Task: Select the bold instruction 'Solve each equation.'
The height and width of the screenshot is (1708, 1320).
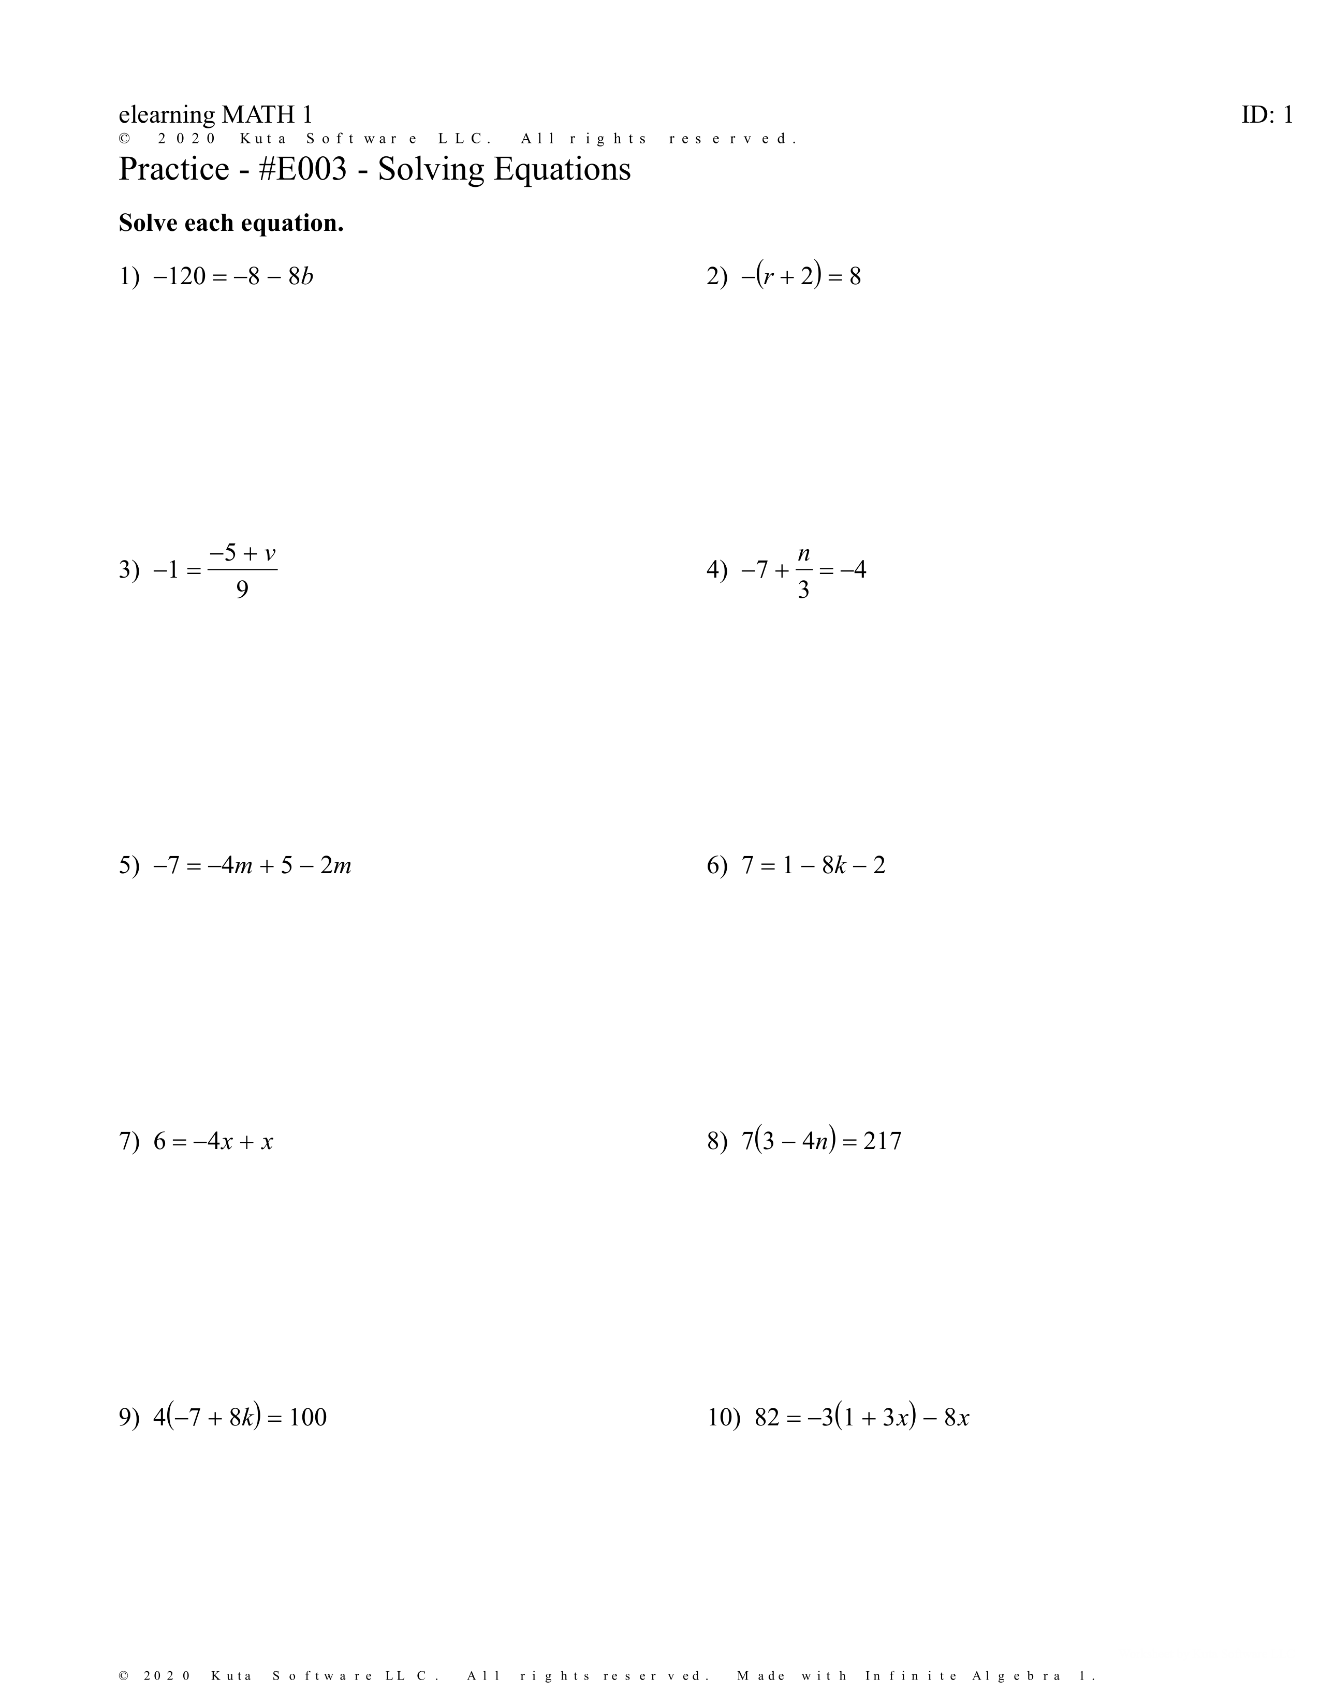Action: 231,224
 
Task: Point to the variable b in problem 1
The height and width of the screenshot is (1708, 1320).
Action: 307,277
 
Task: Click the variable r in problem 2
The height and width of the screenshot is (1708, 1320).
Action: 769,277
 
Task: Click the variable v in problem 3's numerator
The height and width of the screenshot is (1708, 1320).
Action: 270,554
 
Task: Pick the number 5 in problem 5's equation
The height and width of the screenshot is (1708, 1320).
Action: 286,866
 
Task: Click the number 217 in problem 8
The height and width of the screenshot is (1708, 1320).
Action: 882,1141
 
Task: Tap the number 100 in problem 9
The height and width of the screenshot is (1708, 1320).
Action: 307,1417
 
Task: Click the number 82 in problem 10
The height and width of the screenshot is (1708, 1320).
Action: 767,1417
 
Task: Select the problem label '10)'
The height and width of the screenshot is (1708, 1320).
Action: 723,1417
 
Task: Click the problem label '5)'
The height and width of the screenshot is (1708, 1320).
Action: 129,866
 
